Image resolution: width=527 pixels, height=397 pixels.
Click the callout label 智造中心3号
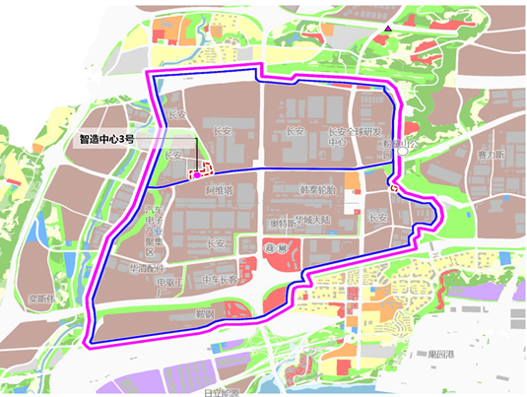[109, 140]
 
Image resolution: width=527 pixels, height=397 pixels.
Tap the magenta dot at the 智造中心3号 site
[197, 174]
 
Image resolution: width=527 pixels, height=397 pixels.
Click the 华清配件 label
[146, 267]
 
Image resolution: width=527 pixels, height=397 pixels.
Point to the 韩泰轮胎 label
[318, 188]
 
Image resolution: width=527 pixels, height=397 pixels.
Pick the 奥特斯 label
[282, 223]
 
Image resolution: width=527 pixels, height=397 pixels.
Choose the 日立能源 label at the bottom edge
[224, 391]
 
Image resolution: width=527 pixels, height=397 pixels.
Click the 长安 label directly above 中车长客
[219, 244]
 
